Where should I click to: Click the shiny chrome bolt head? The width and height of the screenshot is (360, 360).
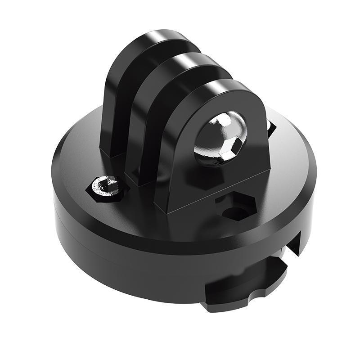coord(220,137)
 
